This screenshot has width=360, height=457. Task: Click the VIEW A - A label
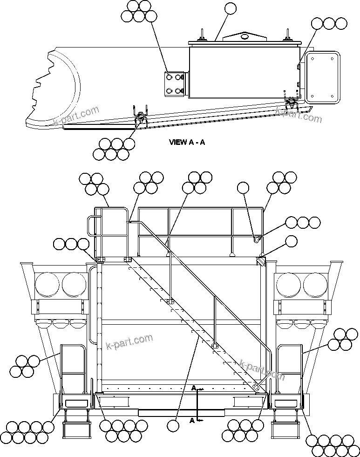click(187, 142)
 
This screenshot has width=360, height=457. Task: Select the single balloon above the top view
click(230, 9)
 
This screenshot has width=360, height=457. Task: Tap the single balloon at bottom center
click(173, 425)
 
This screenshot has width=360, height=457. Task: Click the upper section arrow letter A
click(193, 388)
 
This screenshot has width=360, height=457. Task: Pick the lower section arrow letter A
click(191, 420)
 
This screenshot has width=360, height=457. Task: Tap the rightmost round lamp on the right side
click(314, 285)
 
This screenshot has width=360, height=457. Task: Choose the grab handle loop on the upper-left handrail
click(91, 226)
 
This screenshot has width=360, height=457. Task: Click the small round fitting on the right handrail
click(256, 239)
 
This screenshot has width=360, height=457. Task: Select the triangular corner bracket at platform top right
click(260, 262)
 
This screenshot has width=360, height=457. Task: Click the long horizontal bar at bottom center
click(182, 412)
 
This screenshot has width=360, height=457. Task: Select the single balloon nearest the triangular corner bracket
click(291, 241)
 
